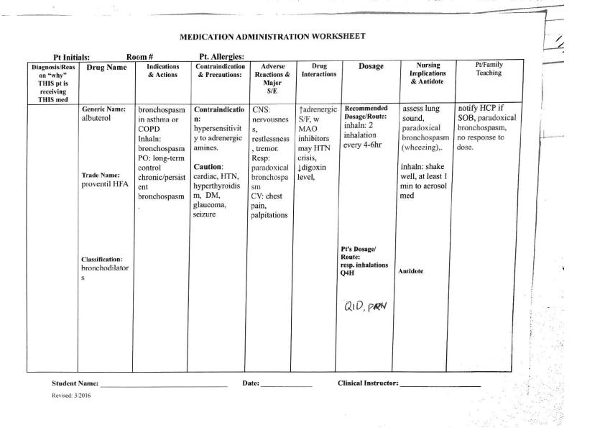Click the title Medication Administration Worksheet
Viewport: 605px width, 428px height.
pos(272,35)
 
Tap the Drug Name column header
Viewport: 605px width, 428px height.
pos(106,68)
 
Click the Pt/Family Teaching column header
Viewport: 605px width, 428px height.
pos(489,68)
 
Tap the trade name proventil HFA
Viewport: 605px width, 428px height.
pos(105,184)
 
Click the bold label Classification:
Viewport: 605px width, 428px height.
pos(102,258)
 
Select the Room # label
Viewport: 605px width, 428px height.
pos(141,56)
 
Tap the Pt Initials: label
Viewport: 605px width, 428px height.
pos(75,56)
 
